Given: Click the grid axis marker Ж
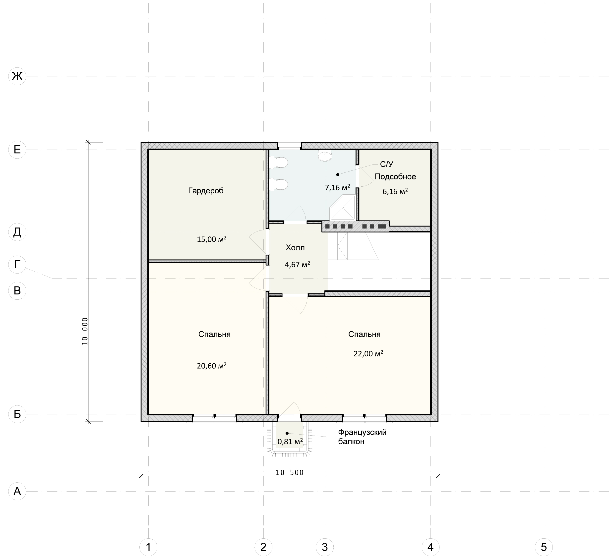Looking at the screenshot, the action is tap(17, 76).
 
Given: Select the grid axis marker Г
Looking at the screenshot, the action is tap(17, 265).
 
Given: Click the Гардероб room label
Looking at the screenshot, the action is tap(206, 191).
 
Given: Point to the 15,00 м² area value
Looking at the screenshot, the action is tap(212, 239).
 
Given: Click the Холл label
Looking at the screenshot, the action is tap(295, 248).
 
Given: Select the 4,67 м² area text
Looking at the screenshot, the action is tap(297, 265).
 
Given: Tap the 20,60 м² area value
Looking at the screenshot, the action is tap(212, 366).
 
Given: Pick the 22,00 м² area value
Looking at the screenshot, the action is tap(368, 354).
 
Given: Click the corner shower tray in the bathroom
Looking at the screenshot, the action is tap(343, 208).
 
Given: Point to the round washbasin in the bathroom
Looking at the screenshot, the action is tap(325, 156).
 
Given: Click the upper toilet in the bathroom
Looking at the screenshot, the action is tap(278, 162).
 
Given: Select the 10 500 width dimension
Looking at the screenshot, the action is tap(290, 472).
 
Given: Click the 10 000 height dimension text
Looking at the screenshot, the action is tap(85, 332).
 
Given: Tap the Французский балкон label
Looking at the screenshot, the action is tap(362, 437).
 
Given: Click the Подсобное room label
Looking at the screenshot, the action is tap(395, 177).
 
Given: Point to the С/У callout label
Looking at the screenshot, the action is tap(387, 164).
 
